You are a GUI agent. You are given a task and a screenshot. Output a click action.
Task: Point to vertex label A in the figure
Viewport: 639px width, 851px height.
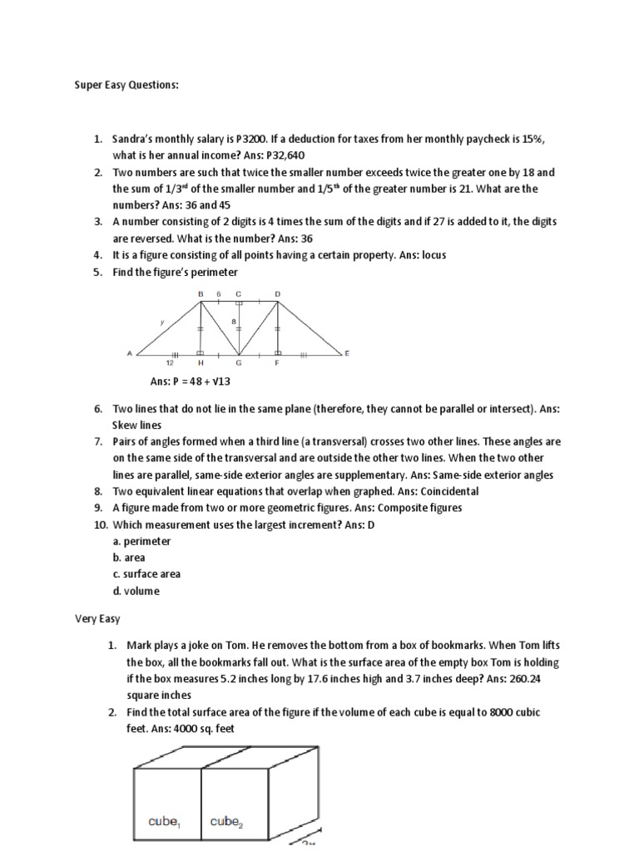[x=130, y=353]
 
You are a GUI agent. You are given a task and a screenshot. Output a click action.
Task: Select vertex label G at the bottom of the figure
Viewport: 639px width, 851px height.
[x=239, y=362]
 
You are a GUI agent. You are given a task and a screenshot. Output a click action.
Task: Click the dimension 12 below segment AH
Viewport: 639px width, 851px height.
[x=170, y=362]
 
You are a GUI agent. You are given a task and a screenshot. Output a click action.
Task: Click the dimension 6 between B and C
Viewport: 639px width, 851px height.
[x=219, y=293]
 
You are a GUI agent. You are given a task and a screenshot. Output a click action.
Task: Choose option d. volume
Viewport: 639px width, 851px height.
[x=136, y=591]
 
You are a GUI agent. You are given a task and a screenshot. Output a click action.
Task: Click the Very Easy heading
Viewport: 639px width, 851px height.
[x=89, y=619]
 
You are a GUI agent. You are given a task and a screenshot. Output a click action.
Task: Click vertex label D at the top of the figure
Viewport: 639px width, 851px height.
[x=277, y=293]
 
